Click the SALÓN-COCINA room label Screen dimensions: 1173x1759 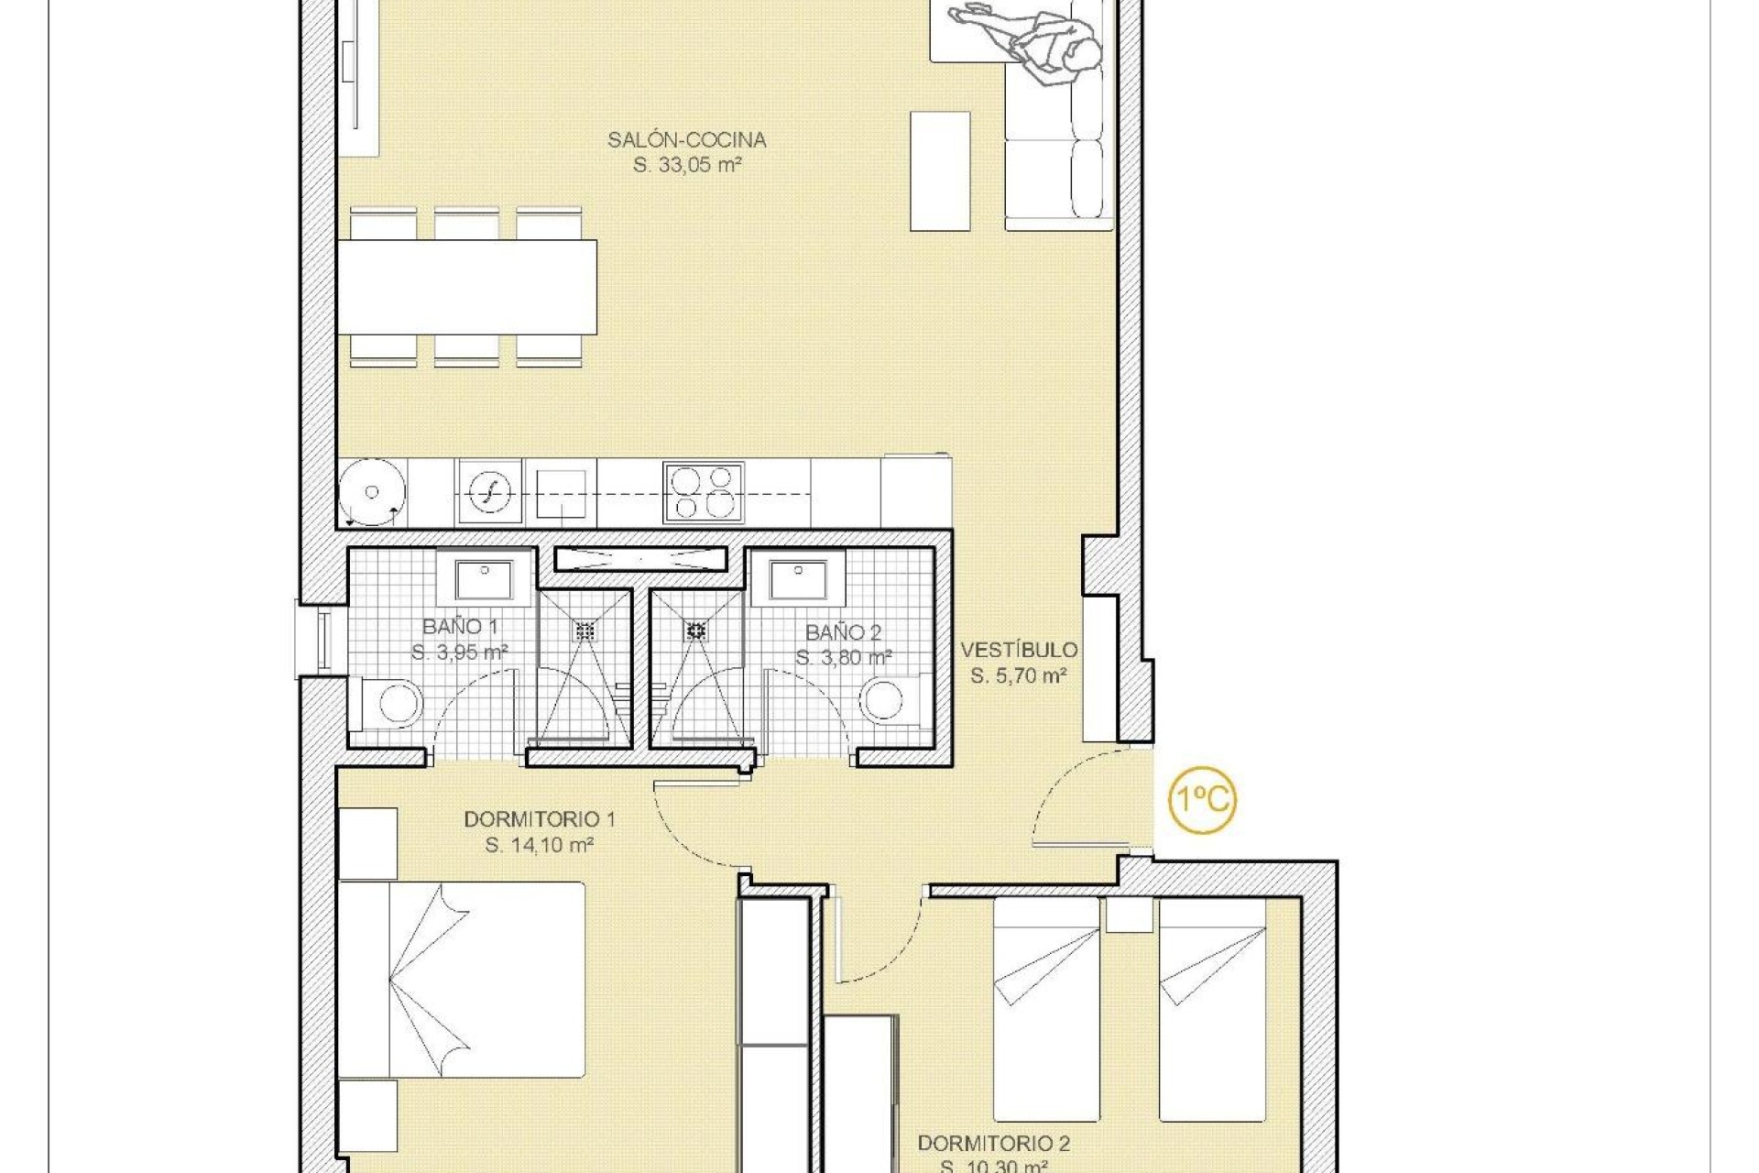686,140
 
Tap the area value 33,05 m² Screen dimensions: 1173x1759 687,166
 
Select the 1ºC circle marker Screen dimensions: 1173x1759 1202,800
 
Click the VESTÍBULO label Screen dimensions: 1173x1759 1019,651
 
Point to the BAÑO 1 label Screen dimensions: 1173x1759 460,628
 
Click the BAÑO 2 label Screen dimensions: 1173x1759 843,633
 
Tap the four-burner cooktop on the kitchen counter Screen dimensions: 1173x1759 704,493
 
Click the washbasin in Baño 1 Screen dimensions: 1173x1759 485,580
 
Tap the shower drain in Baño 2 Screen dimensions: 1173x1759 696,630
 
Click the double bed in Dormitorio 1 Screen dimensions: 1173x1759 462,980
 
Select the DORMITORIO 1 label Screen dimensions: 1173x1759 539,819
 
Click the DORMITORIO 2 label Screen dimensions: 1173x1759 994,1144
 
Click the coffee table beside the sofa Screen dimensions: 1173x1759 940,171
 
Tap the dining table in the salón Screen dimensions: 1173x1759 467,287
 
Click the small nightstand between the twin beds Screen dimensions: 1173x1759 1129,915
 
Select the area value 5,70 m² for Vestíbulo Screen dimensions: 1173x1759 1019,676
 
